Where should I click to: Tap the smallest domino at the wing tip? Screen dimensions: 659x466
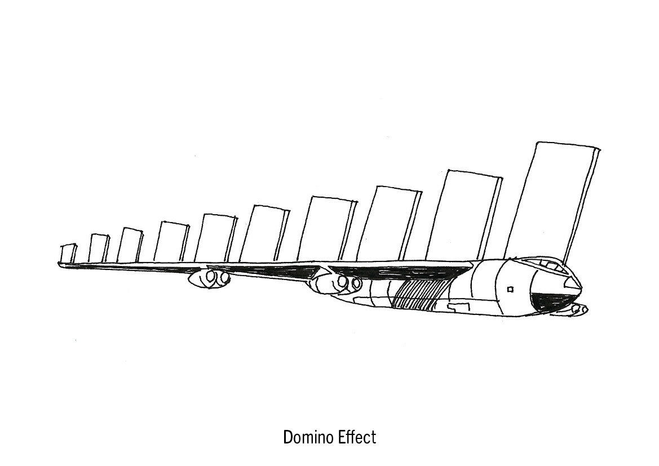(68, 254)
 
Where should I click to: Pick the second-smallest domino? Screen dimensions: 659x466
(99, 248)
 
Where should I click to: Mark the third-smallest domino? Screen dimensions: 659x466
(130, 246)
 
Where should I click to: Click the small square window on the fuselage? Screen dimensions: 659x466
(510, 290)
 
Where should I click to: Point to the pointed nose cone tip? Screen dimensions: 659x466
(580, 287)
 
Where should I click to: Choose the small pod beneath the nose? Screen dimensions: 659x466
(580, 309)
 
